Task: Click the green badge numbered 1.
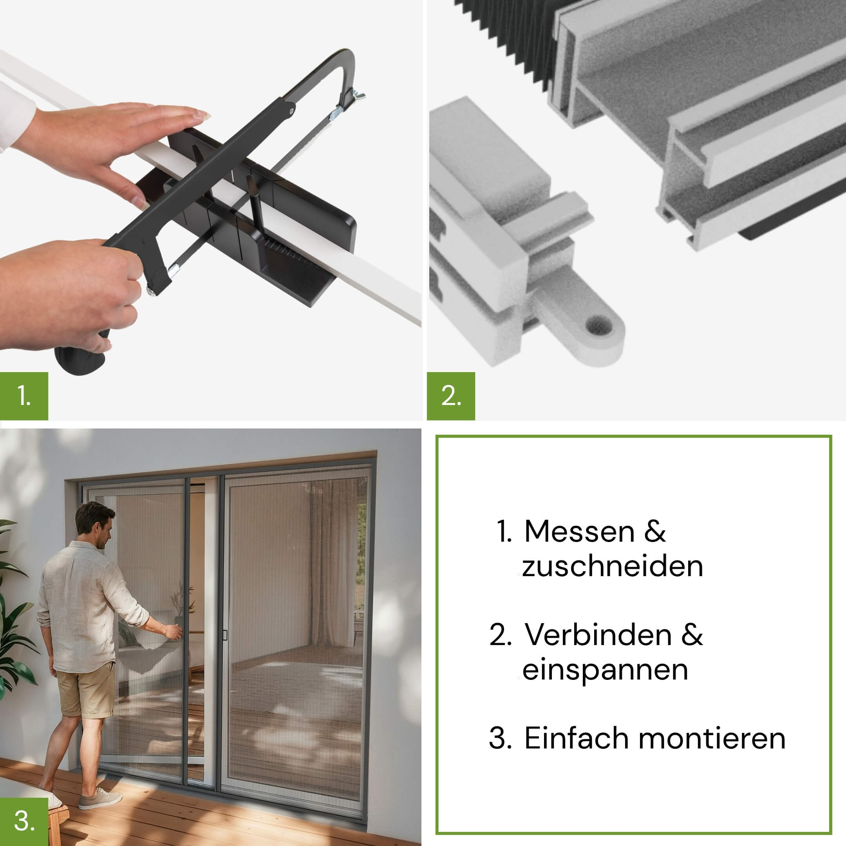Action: pyautogui.click(x=24, y=396)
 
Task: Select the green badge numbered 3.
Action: pyautogui.click(x=24, y=821)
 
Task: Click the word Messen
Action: pyautogui.click(x=579, y=531)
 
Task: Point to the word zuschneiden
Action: pyautogui.click(x=612, y=566)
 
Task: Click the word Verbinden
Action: pyautogui.click(x=598, y=634)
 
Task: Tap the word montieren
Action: pyautogui.click(x=712, y=738)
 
